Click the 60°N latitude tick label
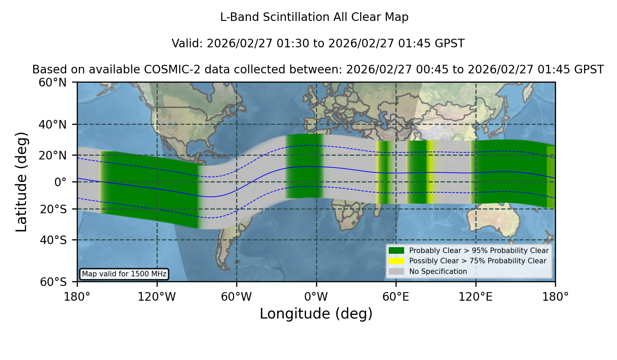pos(52,83)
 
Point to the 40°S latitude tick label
pos(53,240)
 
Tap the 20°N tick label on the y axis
pos(52,155)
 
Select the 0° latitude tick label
pos(60,182)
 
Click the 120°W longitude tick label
pos(157,297)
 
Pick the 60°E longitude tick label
pos(396,297)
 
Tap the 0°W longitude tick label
pos(316,297)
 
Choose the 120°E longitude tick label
pos(475,297)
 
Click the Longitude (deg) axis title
pos(316,314)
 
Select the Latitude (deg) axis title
pos(21,182)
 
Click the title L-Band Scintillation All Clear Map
pos(314,17)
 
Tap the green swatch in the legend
pos(396,250)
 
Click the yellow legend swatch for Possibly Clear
pos(396,261)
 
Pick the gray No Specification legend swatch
pos(396,271)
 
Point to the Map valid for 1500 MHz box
pos(124,274)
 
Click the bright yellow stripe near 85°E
pos(430,172)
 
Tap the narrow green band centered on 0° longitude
pos(304,166)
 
